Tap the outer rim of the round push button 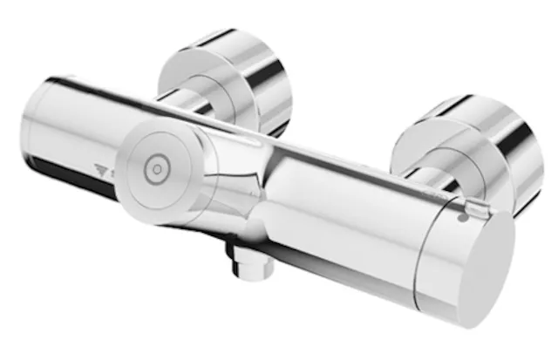point(131,148)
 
